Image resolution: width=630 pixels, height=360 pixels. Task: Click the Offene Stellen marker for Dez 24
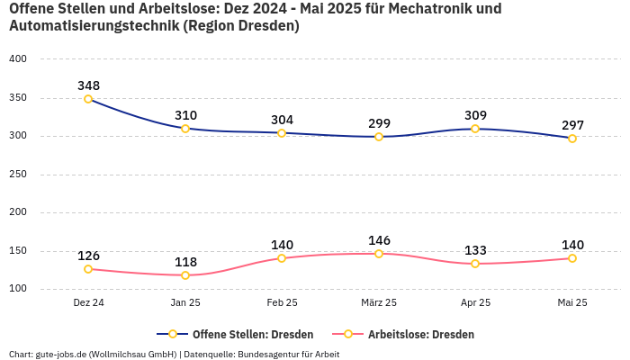[x=88, y=99]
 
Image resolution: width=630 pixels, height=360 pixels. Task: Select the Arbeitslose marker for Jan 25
[x=185, y=275]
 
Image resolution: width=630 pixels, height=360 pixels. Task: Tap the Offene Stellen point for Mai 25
[x=572, y=139]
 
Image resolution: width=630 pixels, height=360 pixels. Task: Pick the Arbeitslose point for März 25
[x=379, y=254]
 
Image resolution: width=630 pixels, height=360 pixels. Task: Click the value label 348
[x=88, y=85]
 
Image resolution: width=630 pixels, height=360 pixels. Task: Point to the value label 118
[x=185, y=262]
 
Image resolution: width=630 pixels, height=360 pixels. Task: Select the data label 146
[x=379, y=240]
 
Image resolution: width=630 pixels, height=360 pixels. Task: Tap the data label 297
[x=572, y=125]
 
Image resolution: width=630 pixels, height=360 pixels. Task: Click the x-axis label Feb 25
[x=282, y=302]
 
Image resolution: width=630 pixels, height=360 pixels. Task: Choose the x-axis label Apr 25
[x=475, y=302]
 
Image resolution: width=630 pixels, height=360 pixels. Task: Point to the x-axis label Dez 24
[x=88, y=302]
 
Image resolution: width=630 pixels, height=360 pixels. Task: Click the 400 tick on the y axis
[x=18, y=59]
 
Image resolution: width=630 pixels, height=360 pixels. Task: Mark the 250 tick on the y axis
[x=18, y=175]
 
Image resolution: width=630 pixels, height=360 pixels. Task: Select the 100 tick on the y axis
[x=18, y=290]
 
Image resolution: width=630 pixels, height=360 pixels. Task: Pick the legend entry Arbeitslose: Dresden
[x=409, y=334]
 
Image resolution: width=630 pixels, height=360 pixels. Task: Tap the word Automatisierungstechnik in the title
[x=94, y=26]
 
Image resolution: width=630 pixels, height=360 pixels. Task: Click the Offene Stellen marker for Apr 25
[x=475, y=129]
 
